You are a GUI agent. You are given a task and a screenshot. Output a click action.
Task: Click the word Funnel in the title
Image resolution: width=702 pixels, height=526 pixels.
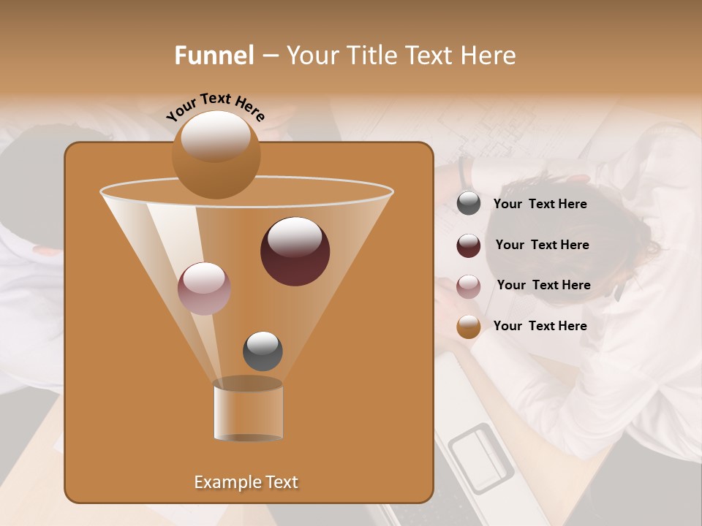214,56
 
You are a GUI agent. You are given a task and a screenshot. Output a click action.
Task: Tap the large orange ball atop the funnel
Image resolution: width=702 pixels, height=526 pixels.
216,154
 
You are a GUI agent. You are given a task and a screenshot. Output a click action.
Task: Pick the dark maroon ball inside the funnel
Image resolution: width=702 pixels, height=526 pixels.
295,251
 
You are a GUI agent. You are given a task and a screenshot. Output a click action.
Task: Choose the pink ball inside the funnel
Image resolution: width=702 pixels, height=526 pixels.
204,288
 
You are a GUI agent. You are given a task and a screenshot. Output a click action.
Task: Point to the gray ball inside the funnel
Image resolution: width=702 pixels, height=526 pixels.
263,351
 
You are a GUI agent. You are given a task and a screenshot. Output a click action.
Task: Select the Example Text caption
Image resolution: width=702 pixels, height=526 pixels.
246,482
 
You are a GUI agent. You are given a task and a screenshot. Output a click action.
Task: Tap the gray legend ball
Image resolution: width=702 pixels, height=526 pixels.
469,204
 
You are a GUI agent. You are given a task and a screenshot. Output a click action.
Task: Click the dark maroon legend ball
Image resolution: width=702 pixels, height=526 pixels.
469,245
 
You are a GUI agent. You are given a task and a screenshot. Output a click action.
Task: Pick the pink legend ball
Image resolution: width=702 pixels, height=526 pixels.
469,286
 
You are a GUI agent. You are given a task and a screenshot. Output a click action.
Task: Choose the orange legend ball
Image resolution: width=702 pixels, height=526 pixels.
469,327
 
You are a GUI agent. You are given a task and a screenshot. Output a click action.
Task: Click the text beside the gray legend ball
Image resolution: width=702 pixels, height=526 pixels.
540,204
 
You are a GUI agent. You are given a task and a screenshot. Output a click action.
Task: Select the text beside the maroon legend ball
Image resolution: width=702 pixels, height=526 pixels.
542,245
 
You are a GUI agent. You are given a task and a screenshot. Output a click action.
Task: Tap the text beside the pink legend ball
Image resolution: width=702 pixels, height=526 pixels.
543,285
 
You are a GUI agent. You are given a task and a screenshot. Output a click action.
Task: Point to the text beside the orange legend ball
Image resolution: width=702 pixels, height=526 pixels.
540,326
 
